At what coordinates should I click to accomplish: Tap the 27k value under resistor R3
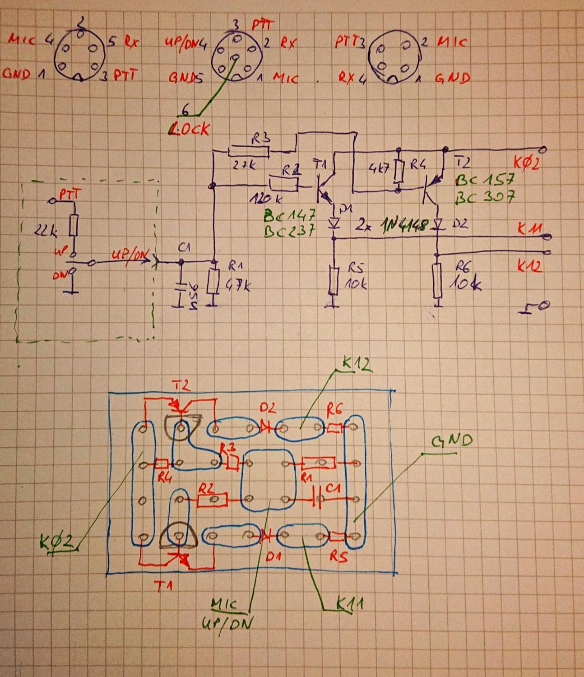pyautogui.click(x=244, y=165)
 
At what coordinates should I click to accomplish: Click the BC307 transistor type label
pyautogui.click(x=485, y=197)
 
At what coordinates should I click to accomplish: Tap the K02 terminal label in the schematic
pyautogui.click(x=527, y=162)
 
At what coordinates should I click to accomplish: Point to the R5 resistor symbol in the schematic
pyautogui.click(x=334, y=280)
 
